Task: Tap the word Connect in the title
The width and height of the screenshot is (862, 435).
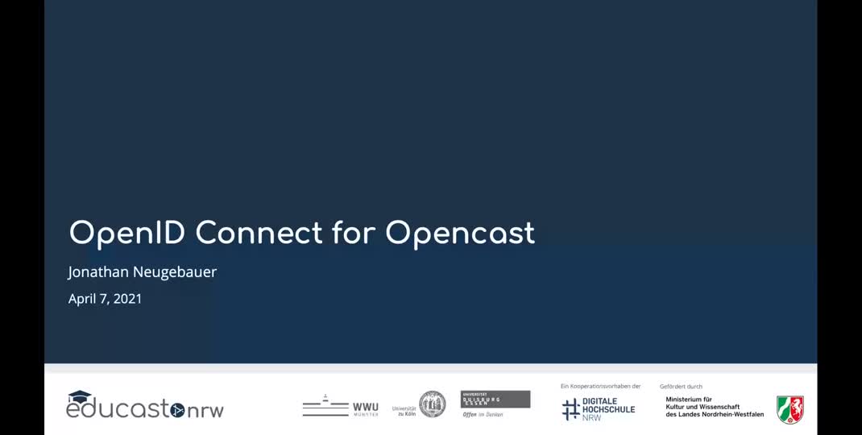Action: tap(259, 233)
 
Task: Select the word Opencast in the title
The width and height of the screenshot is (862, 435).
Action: tap(459, 233)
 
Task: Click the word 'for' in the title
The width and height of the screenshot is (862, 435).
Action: tap(354, 233)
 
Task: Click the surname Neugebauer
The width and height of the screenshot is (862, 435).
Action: tap(179, 272)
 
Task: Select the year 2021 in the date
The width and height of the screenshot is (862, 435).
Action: tap(127, 299)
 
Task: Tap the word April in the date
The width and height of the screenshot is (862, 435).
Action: tap(82, 299)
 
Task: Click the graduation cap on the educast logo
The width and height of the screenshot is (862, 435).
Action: tap(80, 396)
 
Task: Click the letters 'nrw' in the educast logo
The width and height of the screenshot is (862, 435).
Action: tap(205, 411)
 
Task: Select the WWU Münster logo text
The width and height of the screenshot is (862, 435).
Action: tap(365, 408)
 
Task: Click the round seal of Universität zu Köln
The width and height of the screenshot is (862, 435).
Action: tap(433, 404)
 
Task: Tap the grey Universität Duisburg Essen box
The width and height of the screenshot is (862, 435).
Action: tap(495, 399)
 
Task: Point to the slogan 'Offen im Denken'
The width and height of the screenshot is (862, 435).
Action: tap(483, 414)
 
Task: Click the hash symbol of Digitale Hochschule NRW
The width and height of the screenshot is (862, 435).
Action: tap(571, 408)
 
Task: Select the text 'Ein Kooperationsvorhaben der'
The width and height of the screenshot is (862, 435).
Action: tap(600, 386)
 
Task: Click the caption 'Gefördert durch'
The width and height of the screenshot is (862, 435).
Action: tap(681, 387)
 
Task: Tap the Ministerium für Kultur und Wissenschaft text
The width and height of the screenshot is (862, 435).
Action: tap(715, 407)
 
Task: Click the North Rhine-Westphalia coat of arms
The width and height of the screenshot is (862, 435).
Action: tap(789, 409)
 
